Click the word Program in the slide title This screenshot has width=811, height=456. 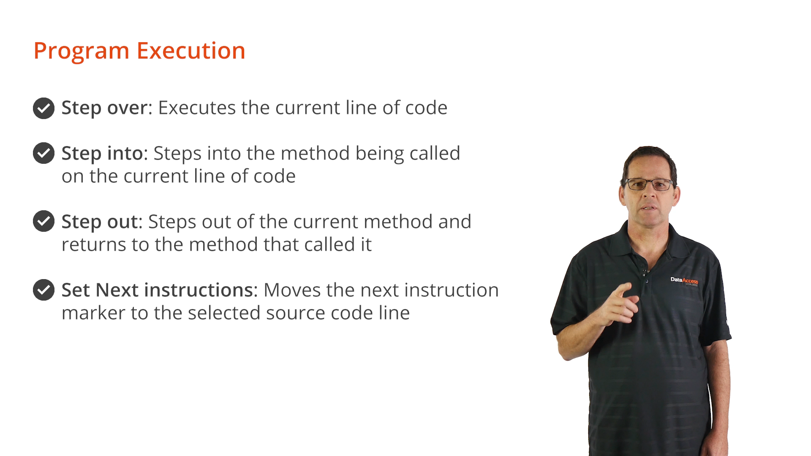(82, 51)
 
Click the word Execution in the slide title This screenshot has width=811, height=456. (191, 50)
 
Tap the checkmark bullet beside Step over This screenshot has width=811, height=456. (44, 109)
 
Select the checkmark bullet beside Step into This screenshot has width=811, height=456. (44, 153)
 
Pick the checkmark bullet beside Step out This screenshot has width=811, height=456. (44, 221)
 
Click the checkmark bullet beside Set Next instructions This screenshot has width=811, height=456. (44, 290)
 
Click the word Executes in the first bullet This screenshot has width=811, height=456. (197, 108)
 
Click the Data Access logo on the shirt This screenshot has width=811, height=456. (684, 281)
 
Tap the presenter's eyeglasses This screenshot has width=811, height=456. (650, 185)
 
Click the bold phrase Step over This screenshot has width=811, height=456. (107, 108)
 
